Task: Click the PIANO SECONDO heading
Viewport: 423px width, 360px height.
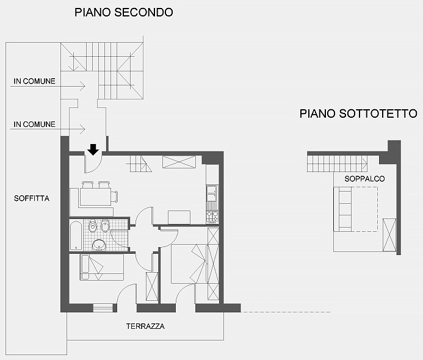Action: [124, 12]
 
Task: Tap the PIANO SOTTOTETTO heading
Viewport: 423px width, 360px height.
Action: [358, 113]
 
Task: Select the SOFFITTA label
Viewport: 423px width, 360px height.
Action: [32, 198]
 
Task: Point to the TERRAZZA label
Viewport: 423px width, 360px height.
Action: [145, 326]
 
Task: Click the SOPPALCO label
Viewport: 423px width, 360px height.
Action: [364, 179]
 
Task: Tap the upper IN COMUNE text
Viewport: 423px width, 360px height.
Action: [35, 81]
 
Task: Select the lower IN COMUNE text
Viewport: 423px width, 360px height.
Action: [35, 124]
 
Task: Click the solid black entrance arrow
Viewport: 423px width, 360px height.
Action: [93, 149]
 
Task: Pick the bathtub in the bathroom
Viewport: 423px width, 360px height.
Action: [76, 236]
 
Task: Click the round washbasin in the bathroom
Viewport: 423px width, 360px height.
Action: [99, 245]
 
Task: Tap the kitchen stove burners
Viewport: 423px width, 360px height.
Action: [212, 216]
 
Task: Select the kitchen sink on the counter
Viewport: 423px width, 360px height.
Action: [212, 193]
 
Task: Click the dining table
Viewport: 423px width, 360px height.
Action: [95, 196]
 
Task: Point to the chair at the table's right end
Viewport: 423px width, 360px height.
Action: [114, 196]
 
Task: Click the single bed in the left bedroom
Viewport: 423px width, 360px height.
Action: [102, 267]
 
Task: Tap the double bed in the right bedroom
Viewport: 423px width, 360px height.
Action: [189, 264]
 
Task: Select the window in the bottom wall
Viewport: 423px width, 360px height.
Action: [103, 308]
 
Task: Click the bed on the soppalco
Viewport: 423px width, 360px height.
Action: [356, 209]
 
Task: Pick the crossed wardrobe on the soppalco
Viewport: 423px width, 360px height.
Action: [389, 235]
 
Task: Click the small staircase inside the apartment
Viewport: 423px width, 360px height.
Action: [139, 164]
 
